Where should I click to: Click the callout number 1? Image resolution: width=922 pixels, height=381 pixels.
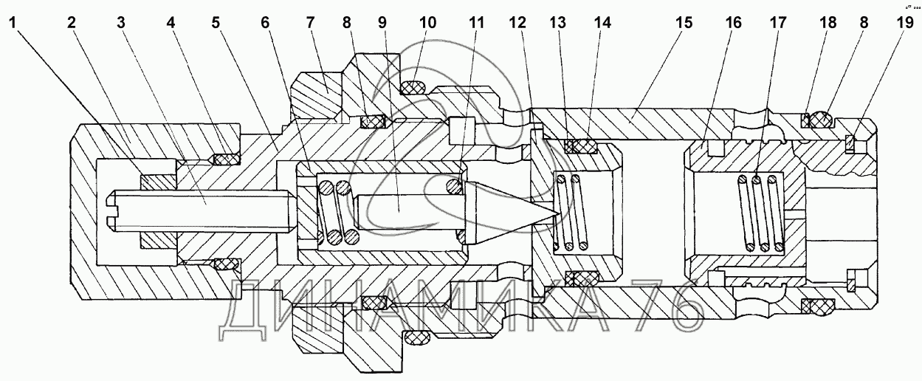(14, 22)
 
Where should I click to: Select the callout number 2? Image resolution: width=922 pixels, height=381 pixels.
(72, 22)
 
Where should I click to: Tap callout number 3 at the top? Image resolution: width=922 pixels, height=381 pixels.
(120, 22)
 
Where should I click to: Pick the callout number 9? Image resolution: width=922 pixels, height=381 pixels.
(382, 22)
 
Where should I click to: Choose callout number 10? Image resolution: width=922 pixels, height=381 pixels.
(429, 22)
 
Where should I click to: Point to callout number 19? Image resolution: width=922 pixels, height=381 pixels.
(904, 22)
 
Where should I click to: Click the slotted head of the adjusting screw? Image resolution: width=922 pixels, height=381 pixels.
(113, 210)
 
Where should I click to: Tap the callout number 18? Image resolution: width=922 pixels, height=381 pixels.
(828, 22)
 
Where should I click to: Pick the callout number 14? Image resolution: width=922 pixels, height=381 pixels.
(603, 22)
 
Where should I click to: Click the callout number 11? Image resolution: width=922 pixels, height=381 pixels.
(476, 22)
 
